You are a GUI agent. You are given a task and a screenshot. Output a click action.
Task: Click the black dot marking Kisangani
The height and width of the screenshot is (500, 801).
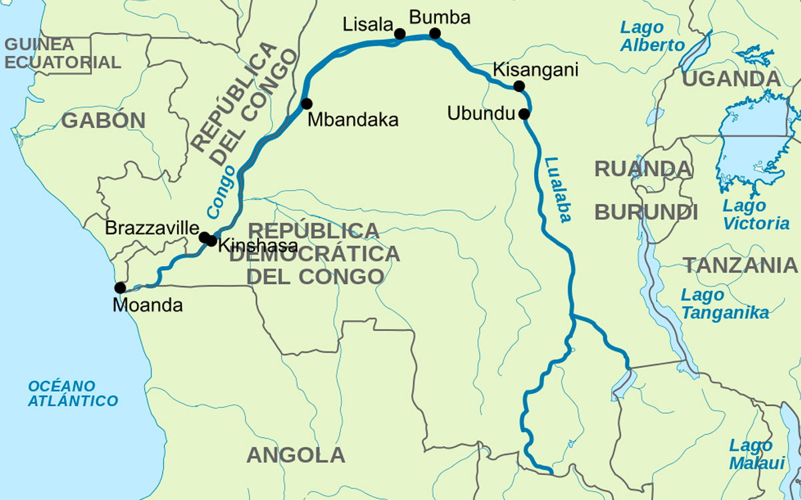tap(519, 86)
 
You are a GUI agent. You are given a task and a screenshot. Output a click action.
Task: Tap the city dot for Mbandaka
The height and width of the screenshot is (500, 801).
tap(306, 103)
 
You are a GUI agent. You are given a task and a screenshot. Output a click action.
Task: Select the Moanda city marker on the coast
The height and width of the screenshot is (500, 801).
tap(120, 288)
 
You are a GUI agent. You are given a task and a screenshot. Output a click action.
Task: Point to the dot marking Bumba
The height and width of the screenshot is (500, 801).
tap(435, 33)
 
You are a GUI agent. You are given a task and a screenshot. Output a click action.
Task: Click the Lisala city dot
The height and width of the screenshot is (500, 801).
tap(400, 33)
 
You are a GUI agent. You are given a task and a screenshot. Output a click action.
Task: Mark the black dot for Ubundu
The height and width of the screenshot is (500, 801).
tap(524, 113)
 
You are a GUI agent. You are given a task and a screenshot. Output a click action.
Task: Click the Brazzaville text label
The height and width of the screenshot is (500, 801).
tap(152, 228)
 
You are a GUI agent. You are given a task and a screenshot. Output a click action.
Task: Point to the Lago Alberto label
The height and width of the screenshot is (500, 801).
tap(651, 37)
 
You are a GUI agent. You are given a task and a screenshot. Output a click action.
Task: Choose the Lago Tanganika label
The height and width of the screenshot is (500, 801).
tap(724, 304)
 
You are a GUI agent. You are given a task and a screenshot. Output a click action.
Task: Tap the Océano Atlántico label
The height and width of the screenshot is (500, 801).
tap(72, 393)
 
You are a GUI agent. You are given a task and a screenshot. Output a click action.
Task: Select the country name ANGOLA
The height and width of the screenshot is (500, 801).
tap(296, 455)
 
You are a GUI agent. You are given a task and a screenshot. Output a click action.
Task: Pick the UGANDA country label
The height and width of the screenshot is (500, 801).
tap(731, 79)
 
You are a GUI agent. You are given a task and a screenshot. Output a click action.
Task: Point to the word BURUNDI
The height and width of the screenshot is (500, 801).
tap(646, 213)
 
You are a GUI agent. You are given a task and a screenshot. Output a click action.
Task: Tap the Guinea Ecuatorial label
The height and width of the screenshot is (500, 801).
tap(63, 54)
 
